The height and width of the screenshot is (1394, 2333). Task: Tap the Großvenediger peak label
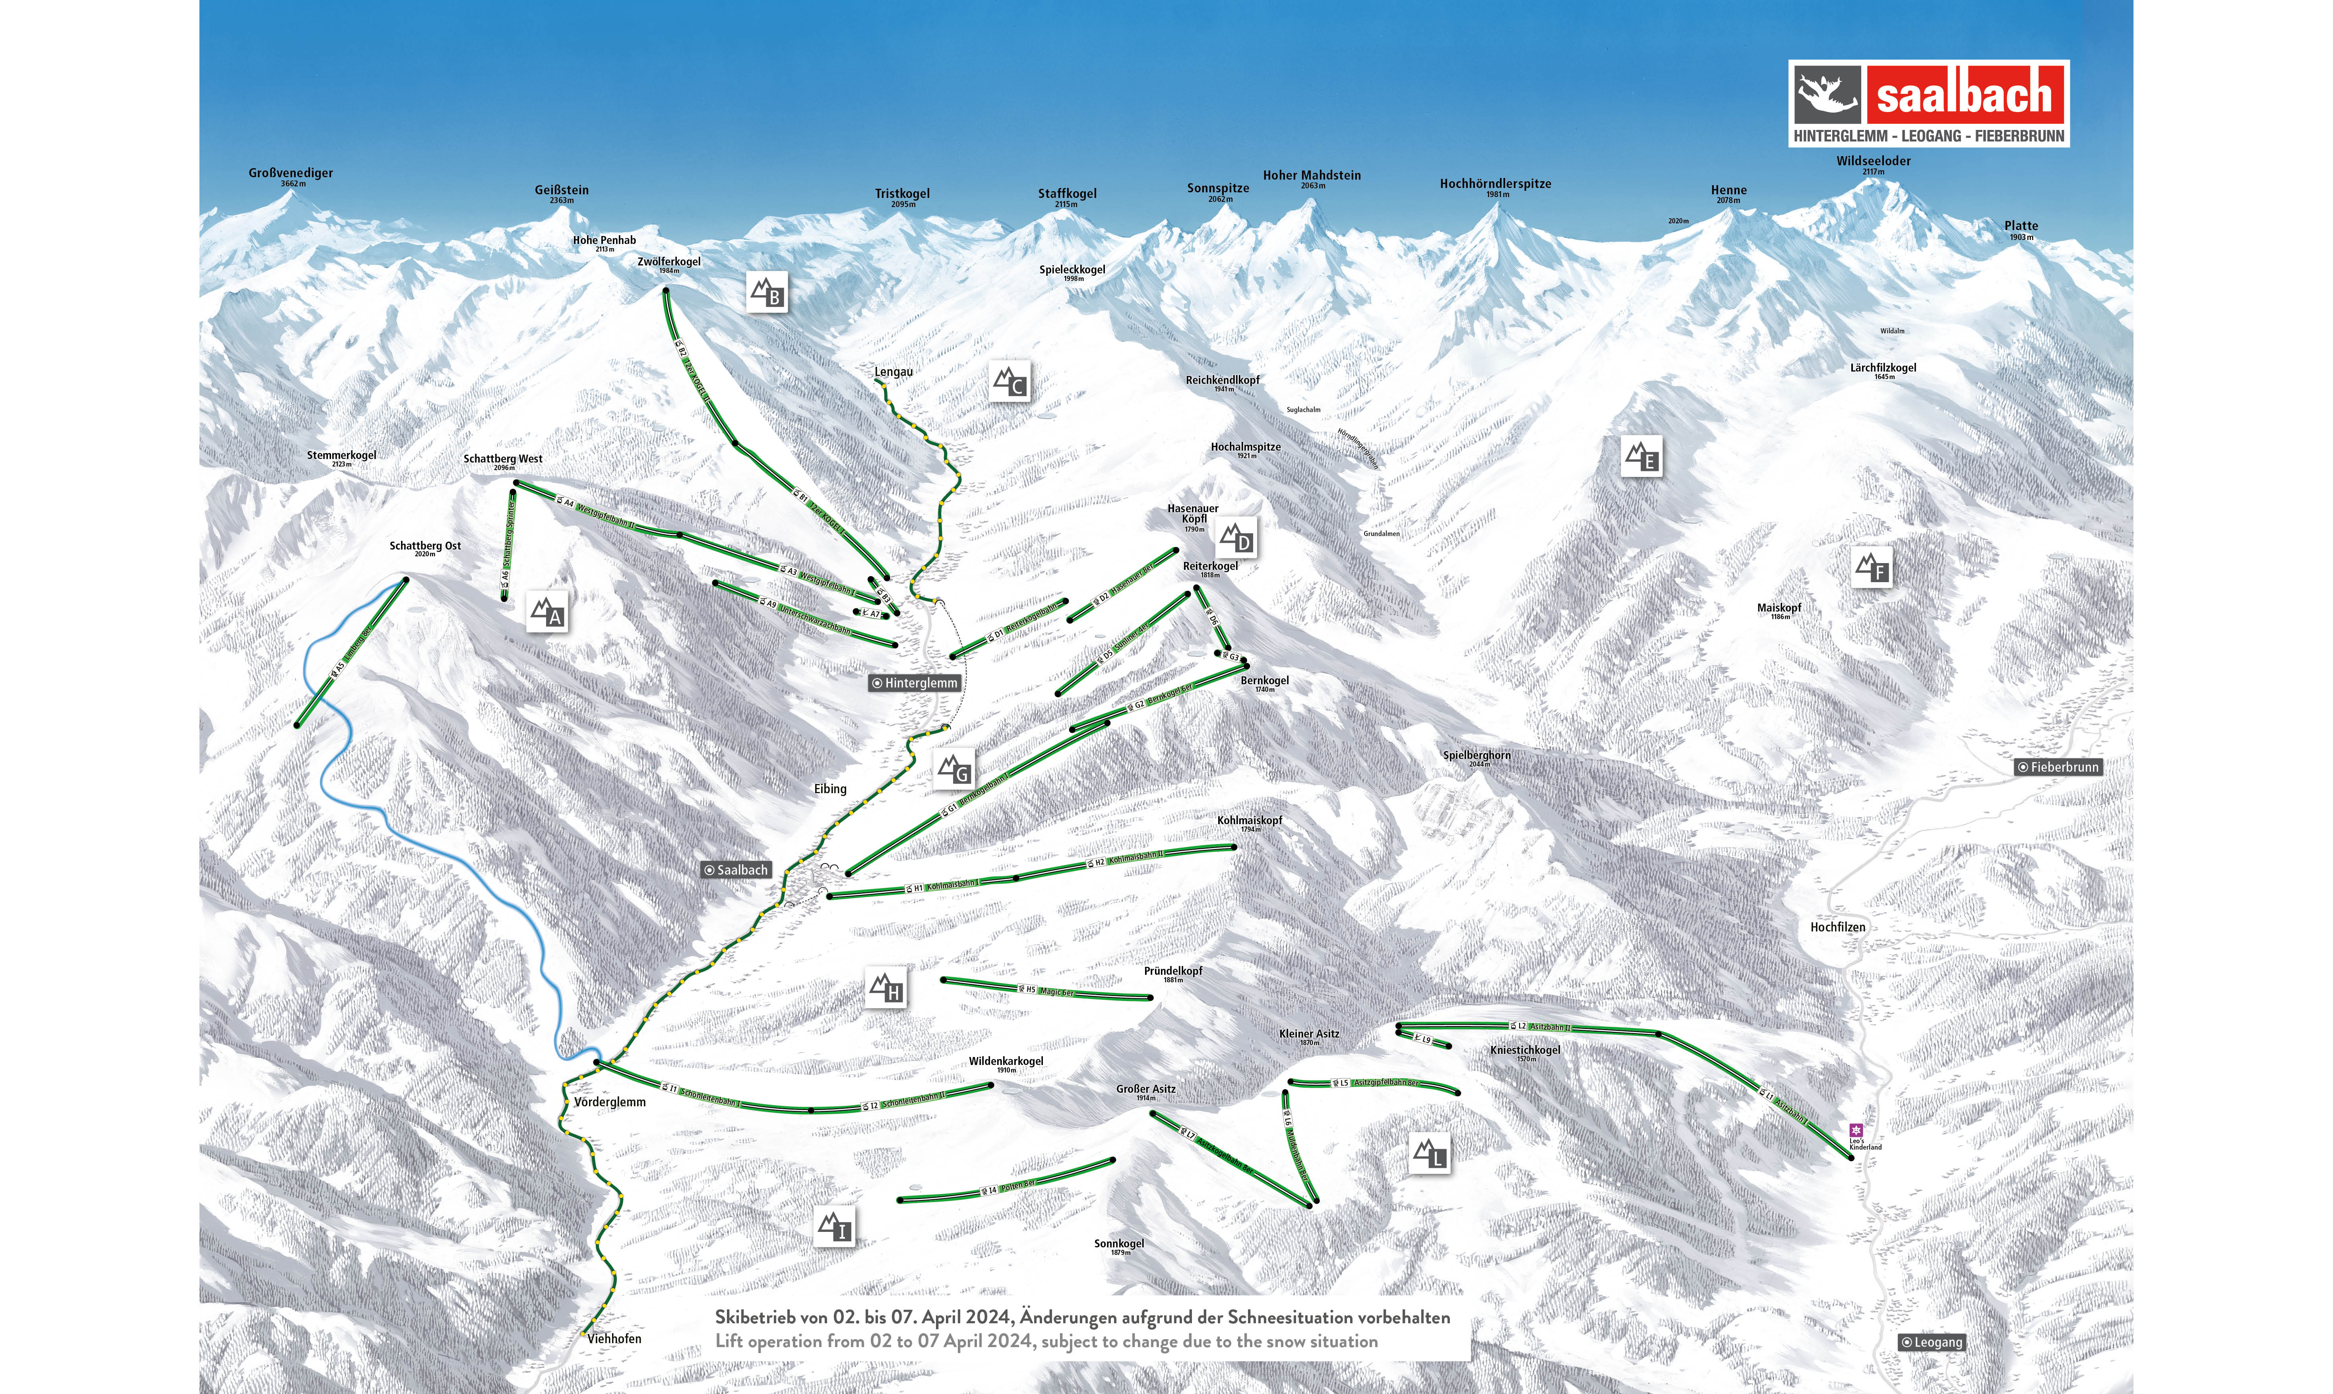pyautogui.click(x=290, y=174)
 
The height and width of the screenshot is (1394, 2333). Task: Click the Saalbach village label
pyautogui.click(x=736, y=870)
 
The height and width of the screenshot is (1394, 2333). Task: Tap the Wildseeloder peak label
pyautogui.click(x=1873, y=162)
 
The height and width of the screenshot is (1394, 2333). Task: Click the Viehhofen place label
pyautogui.click(x=614, y=1339)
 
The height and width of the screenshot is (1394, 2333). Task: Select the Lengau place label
pyautogui.click(x=893, y=372)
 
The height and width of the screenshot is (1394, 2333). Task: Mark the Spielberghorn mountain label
pyautogui.click(x=1477, y=755)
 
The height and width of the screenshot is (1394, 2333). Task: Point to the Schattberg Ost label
pyautogui.click(x=424, y=546)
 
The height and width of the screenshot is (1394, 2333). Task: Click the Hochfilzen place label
pyautogui.click(x=1837, y=927)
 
